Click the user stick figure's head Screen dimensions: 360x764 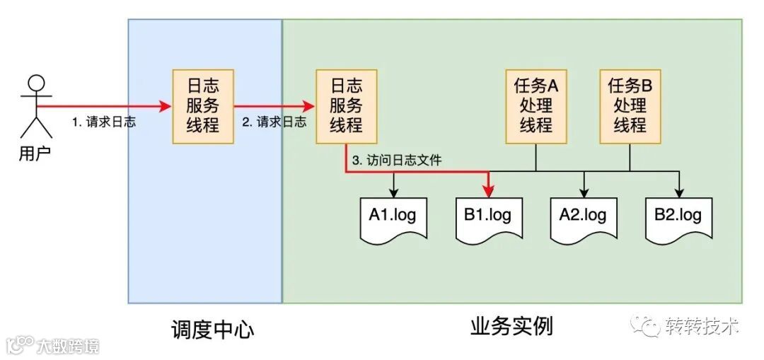coord(35,82)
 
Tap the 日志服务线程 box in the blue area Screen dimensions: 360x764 coord(203,107)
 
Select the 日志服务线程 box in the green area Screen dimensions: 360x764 coord(347,107)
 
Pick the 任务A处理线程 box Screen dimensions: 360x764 coord(536,107)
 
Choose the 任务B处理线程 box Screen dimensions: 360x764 coord(630,107)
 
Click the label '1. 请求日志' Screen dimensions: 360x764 coord(104,122)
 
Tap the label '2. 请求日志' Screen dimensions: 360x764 coord(274,122)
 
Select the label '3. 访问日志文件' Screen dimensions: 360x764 coord(396,161)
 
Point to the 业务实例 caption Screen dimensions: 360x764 coord(511,327)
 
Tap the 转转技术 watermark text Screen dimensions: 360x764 coord(702,326)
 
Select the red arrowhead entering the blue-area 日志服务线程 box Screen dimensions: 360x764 coord(167,107)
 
